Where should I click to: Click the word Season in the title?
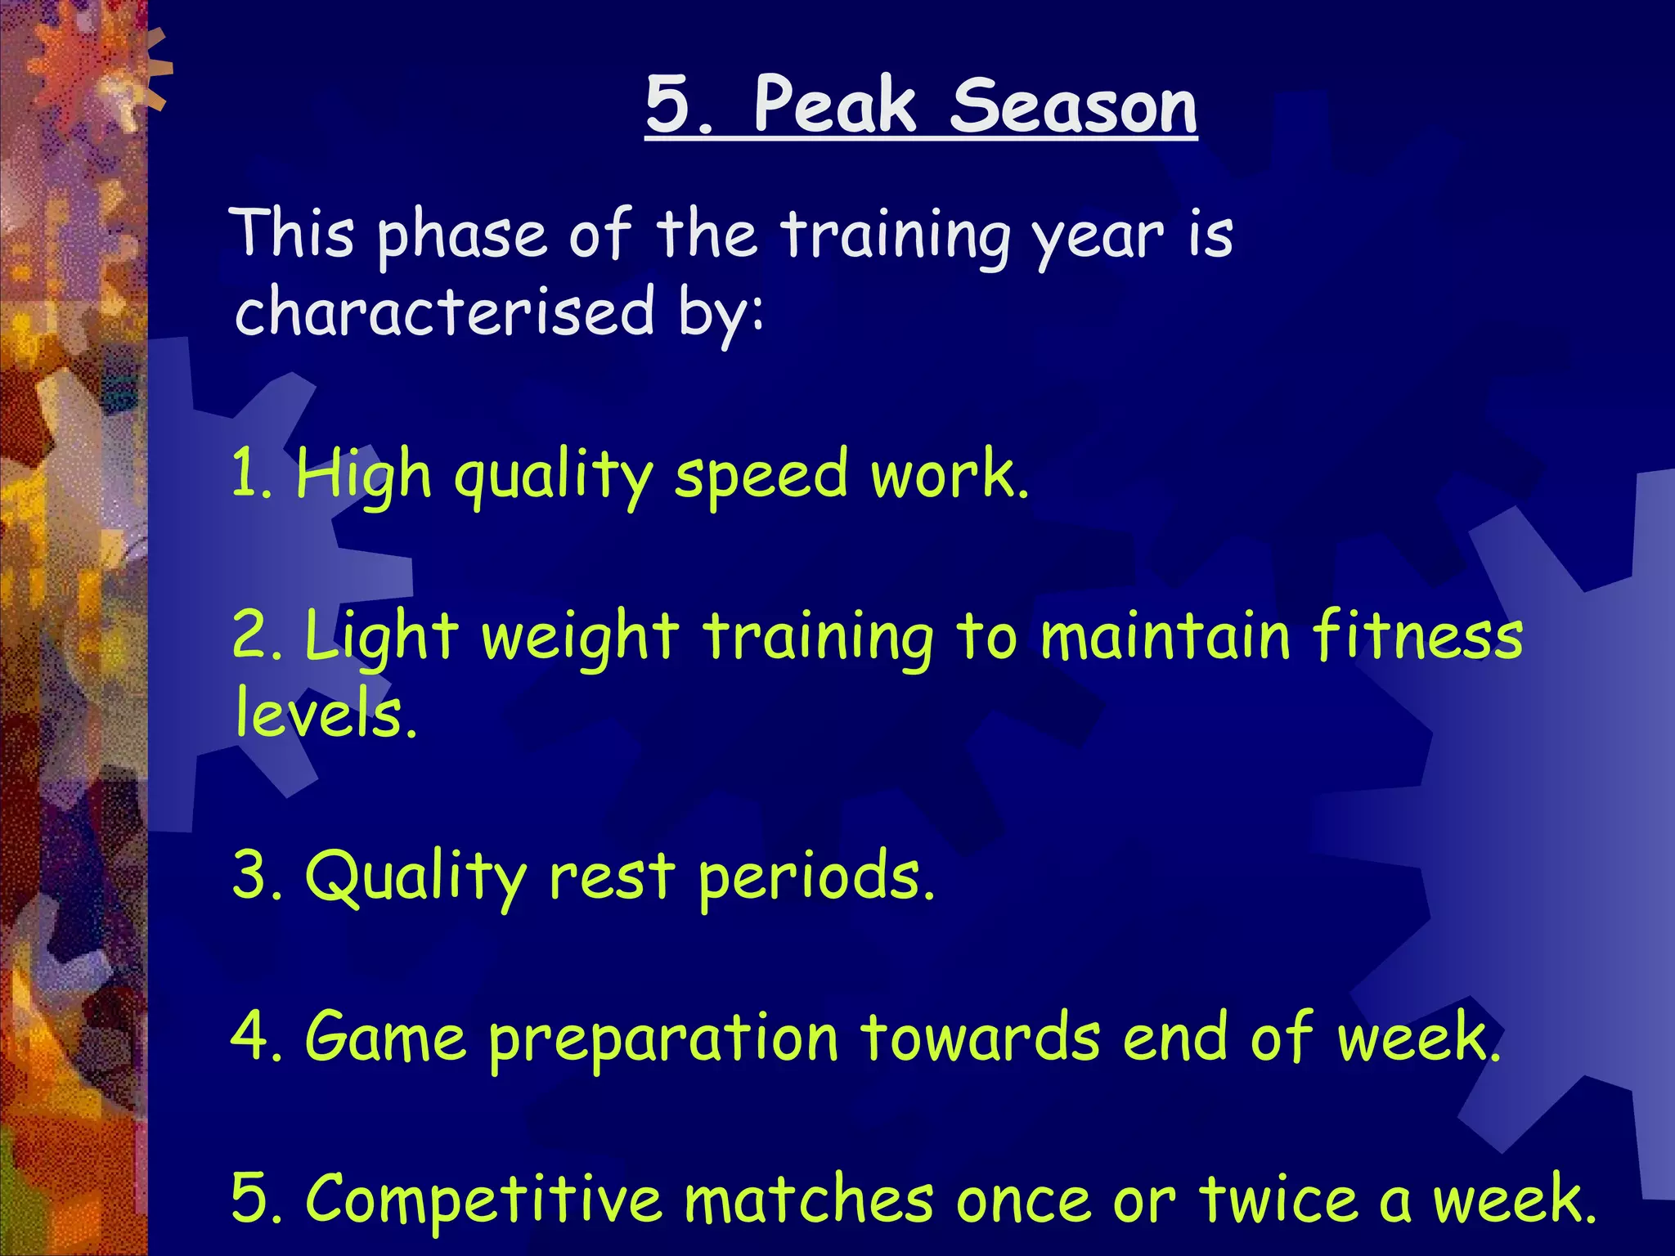(x=1073, y=106)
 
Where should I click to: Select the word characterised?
(x=445, y=312)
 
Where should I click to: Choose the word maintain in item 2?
(x=1165, y=636)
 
